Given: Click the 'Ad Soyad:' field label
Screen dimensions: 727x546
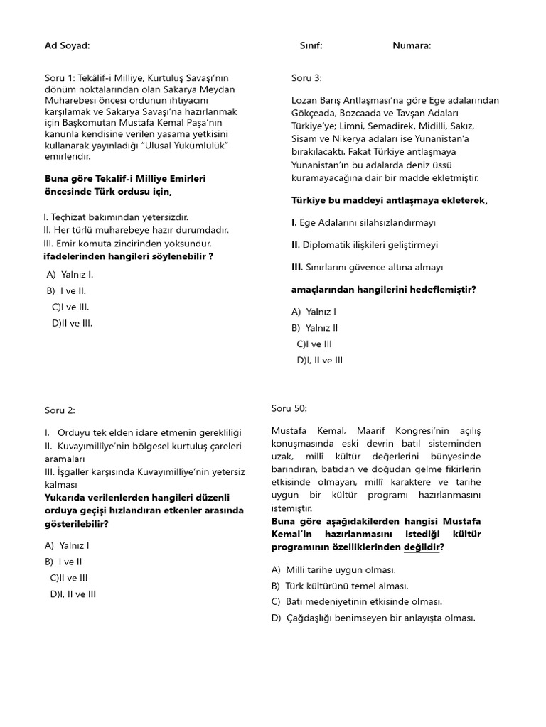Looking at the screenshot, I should click(68, 46).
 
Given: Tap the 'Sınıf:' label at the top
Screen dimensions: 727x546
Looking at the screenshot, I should click(311, 46).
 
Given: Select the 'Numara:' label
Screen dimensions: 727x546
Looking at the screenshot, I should click(412, 46).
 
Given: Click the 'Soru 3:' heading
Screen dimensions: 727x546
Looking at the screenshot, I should click(306, 78).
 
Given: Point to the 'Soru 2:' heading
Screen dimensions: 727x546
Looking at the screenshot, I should click(60, 410).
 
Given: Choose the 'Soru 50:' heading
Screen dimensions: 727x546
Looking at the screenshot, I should click(289, 408).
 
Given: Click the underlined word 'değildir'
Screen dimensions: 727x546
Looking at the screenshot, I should click(422, 547).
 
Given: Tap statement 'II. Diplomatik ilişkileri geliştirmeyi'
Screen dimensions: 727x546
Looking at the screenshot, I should click(365, 245).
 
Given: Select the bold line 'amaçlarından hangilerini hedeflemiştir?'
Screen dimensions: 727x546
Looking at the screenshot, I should click(383, 290).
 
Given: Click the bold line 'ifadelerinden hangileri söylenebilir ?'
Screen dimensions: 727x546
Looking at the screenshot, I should click(129, 256).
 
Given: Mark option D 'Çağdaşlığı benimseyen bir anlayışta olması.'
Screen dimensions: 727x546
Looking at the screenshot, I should click(373, 618).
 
